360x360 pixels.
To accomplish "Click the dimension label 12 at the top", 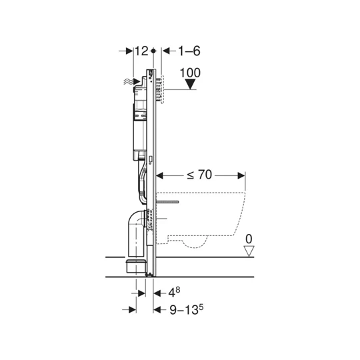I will click(x=141, y=51).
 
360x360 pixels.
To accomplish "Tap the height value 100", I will click(x=191, y=72).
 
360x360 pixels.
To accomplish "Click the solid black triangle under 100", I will click(x=191, y=85).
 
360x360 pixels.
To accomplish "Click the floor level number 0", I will click(x=249, y=238).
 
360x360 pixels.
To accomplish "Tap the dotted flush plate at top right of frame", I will click(x=159, y=87).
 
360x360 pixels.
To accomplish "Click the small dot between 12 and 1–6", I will click(x=154, y=51).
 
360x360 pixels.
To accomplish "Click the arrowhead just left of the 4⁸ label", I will click(x=157, y=291).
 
